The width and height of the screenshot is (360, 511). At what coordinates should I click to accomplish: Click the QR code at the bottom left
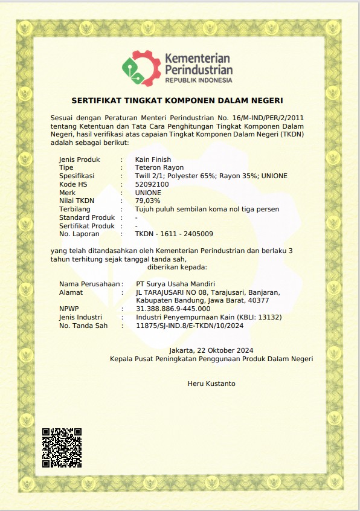click(x=62, y=448)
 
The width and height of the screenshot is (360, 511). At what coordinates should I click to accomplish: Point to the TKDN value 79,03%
click(x=147, y=201)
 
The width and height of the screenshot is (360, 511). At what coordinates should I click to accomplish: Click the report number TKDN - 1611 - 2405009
click(x=174, y=234)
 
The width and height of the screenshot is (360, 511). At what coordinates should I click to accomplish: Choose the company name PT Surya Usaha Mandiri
click(x=176, y=284)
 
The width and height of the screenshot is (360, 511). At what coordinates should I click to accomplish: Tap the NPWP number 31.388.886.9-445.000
click(x=173, y=309)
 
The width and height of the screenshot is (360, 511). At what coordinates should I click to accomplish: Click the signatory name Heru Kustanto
click(x=211, y=384)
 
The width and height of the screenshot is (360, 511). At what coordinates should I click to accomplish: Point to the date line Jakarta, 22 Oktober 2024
click(x=211, y=350)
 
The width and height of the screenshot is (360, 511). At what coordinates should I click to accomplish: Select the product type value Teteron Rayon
click(x=159, y=167)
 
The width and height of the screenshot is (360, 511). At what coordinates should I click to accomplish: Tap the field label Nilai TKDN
click(x=77, y=201)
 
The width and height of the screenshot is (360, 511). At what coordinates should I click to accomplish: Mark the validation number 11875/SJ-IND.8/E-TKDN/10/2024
click(x=190, y=326)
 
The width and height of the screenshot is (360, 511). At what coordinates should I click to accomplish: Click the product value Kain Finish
click(x=153, y=159)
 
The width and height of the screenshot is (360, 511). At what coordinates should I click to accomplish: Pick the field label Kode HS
click(x=73, y=184)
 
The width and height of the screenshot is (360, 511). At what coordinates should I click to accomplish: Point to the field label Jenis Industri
click(x=80, y=317)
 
